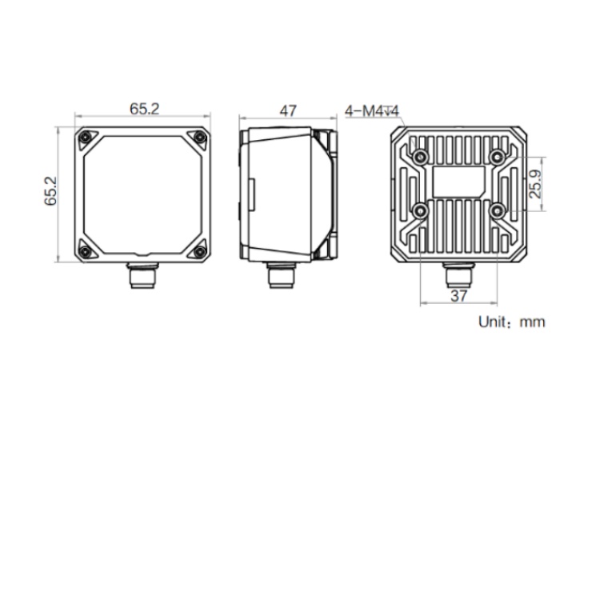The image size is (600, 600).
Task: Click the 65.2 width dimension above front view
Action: coord(144,109)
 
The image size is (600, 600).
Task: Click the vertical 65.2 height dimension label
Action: coord(50,191)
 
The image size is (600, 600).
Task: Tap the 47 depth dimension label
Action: coord(288,111)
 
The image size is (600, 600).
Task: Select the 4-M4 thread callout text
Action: coord(371,111)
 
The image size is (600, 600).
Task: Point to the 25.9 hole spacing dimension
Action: coord(535,184)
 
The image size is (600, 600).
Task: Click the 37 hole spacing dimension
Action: coord(459,295)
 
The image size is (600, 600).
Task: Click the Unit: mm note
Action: coord(511,322)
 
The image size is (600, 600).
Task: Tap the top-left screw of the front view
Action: coord(86,137)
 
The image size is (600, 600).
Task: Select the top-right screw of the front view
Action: coord(199,137)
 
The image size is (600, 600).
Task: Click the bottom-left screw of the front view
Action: coord(86,251)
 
